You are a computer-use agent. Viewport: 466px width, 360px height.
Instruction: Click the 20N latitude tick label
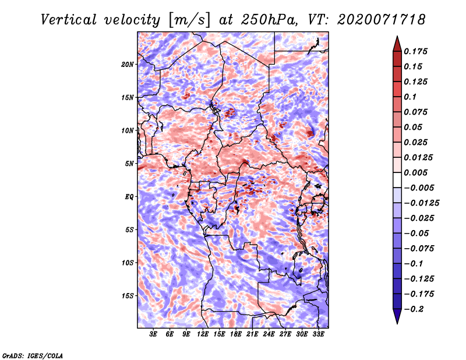[x=128, y=65]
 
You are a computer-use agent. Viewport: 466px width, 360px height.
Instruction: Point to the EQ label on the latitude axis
[x=129, y=197]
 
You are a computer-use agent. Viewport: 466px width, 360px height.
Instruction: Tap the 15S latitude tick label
[x=128, y=296]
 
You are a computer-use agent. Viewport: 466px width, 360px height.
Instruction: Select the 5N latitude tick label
[x=129, y=164]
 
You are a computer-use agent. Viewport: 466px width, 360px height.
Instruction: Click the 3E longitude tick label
[x=153, y=334]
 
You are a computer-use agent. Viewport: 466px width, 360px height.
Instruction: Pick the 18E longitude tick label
[x=236, y=334]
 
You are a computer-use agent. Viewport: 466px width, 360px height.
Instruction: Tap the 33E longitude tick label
[x=318, y=334]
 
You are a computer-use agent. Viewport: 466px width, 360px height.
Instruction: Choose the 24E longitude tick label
[x=269, y=334]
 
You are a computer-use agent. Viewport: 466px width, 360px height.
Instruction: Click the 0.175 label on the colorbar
[x=415, y=51]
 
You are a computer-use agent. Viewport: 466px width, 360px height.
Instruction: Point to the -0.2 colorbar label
[x=414, y=309]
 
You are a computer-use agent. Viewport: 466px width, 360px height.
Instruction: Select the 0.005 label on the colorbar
[x=415, y=172]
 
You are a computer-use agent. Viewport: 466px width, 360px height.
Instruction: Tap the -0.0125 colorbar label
[x=421, y=203]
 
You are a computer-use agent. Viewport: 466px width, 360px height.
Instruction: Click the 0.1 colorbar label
[x=410, y=97]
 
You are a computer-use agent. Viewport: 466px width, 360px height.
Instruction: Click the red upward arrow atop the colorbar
[x=397, y=44]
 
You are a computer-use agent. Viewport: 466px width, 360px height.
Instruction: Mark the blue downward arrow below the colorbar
[x=397, y=316]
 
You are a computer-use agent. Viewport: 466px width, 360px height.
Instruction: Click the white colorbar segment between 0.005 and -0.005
[x=397, y=180]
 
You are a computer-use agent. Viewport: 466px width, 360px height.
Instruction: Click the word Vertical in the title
[x=69, y=20]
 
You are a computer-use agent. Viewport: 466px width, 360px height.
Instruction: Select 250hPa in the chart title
[x=269, y=20]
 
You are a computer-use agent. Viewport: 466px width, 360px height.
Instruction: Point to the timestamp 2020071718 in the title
[x=381, y=20]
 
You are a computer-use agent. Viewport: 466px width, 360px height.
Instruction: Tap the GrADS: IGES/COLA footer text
[x=33, y=355]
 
